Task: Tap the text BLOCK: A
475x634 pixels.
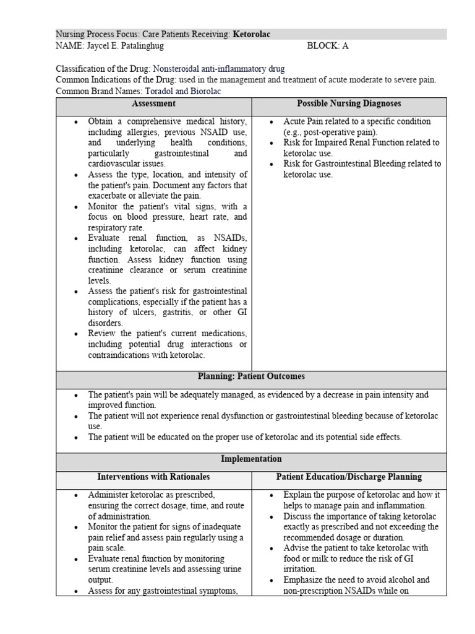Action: coord(328,46)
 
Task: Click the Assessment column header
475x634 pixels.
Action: coord(153,104)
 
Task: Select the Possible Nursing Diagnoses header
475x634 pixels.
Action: coord(349,104)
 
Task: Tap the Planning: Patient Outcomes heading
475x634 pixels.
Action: coord(251,376)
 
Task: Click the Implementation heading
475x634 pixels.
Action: coord(251,459)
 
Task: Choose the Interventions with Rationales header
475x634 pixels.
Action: coord(153,477)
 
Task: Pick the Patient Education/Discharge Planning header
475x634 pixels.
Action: coord(349,477)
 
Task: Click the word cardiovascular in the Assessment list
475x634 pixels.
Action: coord(116,164)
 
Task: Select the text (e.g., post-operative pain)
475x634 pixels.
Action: coord(330,132)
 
